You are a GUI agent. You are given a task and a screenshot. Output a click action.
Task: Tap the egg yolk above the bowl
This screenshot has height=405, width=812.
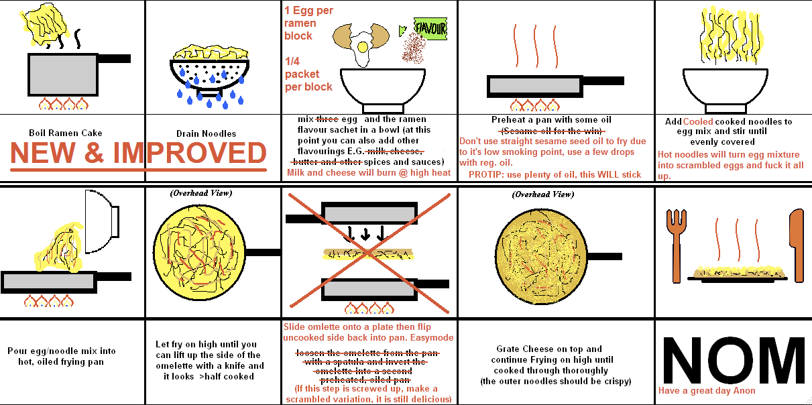pos(363,46)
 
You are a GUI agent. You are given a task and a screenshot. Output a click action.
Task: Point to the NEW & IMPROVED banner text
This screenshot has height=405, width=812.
pos(139,154)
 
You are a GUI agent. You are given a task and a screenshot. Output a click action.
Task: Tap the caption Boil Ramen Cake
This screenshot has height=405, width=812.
pos(66,133)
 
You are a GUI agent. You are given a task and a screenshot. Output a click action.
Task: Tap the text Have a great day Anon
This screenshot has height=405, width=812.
pos(707,391)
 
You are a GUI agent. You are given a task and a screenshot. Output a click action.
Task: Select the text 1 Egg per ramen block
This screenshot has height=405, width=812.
pos(308,23)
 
